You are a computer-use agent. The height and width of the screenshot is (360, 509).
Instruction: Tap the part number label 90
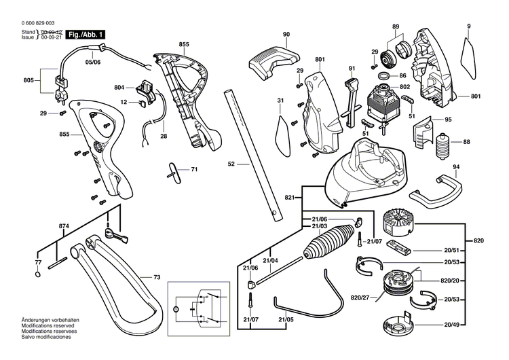click(x=286, y=34)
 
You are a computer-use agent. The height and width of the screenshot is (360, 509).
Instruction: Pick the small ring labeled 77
click(x=37, y=274)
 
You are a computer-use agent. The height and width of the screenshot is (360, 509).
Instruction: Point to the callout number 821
click(x=289, y=197)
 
